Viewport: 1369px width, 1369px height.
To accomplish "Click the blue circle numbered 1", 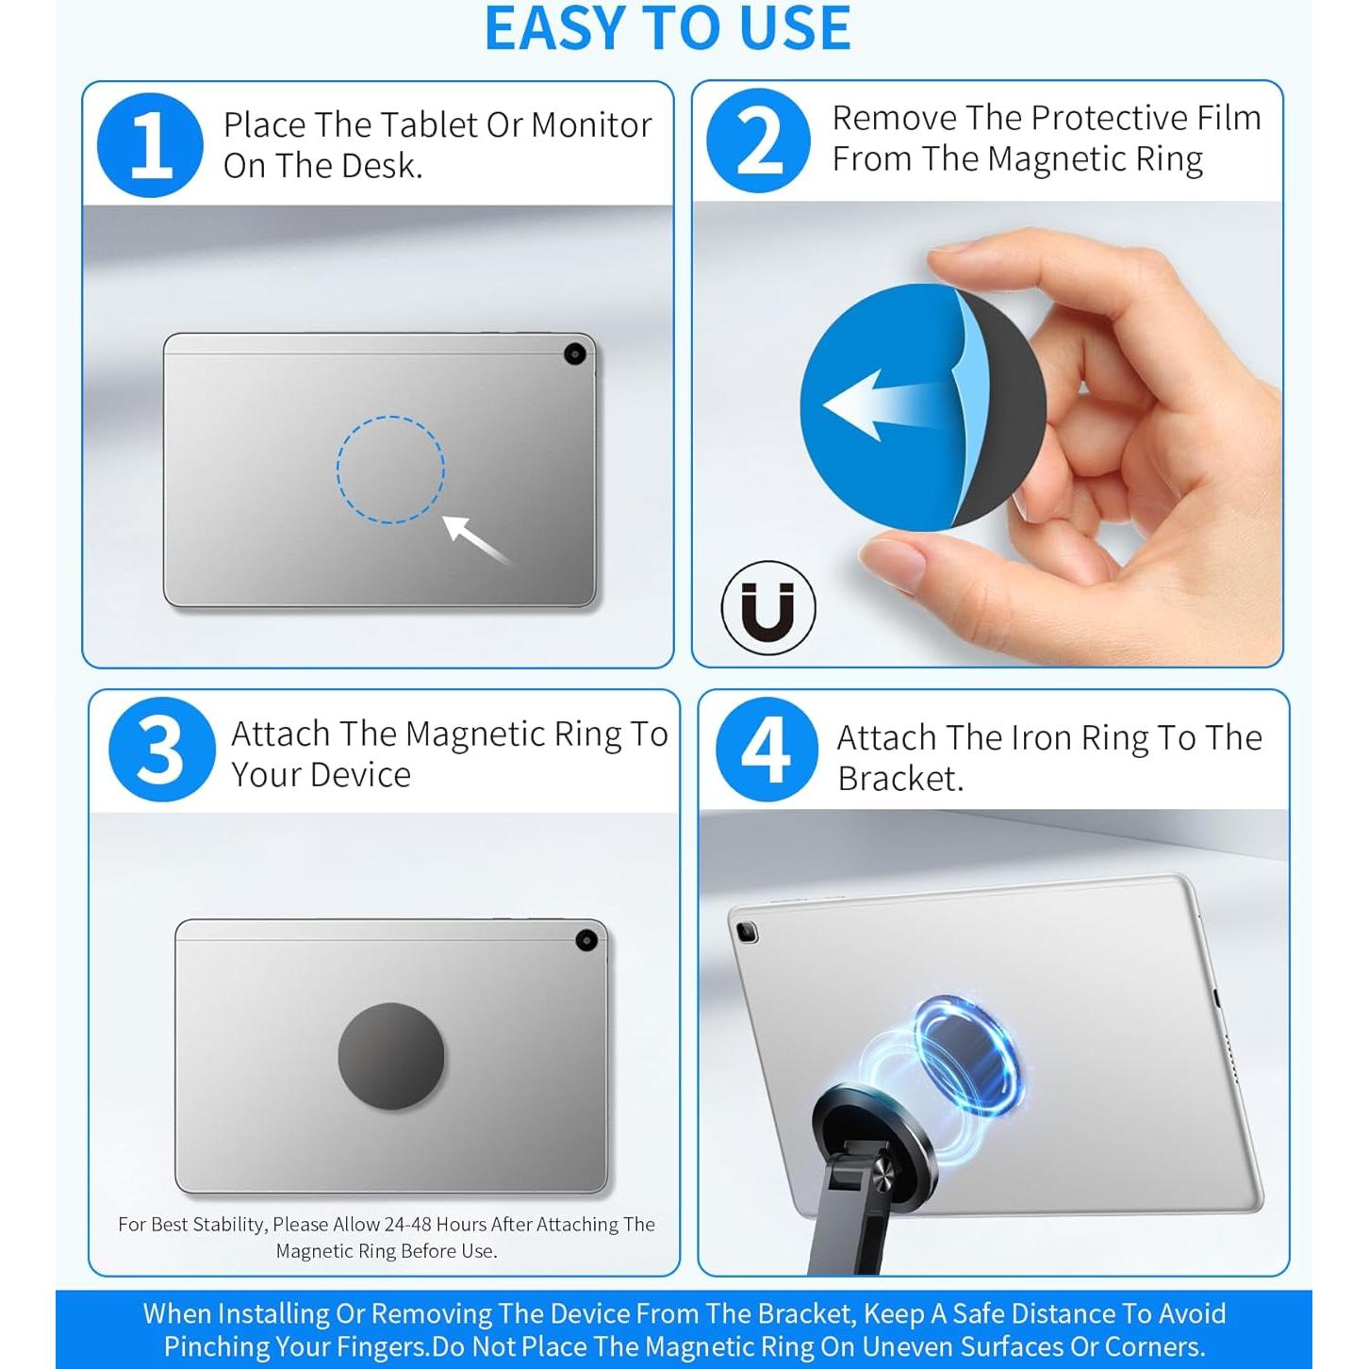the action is pyautogui.click(x=150, y=145).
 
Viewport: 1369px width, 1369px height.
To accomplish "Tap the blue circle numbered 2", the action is pyautogui.click(x=758, y=140).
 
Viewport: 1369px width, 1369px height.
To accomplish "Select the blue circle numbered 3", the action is pyautogui.click(x=162, y=750).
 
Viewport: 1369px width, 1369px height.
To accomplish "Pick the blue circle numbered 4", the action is pyautogui.click(x=767, y=750).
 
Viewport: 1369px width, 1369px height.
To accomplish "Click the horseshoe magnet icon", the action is pyautogui.click(x=768, y=607).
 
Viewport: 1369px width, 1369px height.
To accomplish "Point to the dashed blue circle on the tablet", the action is pyautogui.click(x=390, y=417).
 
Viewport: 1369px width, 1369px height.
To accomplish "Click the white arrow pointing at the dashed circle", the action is pyautogui.click(x=476, y=540).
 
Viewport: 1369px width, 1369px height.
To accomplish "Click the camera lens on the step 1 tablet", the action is pyautogui.click(x=575, y=354).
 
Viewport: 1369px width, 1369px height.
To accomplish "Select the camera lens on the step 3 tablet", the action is pyautogui.click(x=586, y=941).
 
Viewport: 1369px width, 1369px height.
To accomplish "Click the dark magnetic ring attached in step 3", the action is pyautogui.click(x=390, y=1056).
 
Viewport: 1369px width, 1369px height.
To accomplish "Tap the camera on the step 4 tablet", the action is pyautogui.click(x=746, y=932).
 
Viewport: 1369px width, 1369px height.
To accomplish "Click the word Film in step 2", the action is pyautogui.click(x=1229, y=117).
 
